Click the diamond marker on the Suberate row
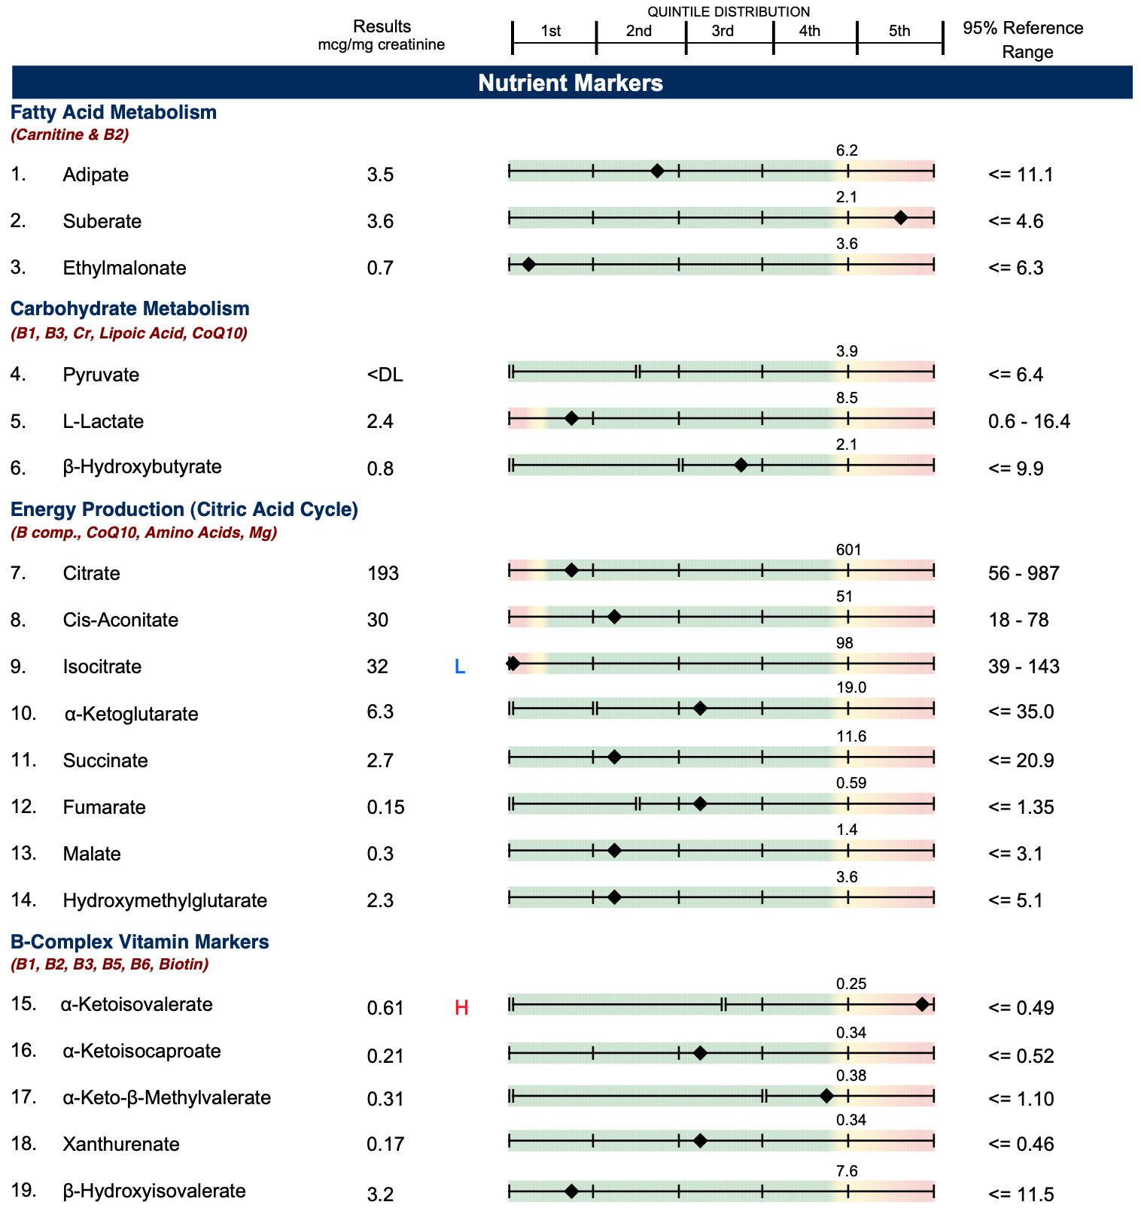coord(900,218)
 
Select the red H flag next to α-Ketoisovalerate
coord(461,1008)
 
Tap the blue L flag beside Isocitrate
coord(460,666)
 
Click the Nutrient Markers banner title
coord(570,83)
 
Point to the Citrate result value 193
coord(383,574)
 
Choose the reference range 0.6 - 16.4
coord(1029,421)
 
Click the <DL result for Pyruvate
coord(385,375)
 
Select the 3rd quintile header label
coord(723,31)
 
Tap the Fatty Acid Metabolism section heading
coord(114,113)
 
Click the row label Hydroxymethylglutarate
coord(165,900)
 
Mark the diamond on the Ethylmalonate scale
coord(528,265)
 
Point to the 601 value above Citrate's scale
coord(848,550)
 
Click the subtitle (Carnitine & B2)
coord(69,135)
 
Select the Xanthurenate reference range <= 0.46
coord(1021,1144)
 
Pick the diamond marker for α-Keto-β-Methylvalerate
coord(826,1096)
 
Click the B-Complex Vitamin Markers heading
coord(139,942)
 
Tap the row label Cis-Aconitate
coord(120,621)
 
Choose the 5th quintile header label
coord(899,31)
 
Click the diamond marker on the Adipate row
coord(657,171)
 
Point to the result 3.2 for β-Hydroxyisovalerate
coord(380,1194)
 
